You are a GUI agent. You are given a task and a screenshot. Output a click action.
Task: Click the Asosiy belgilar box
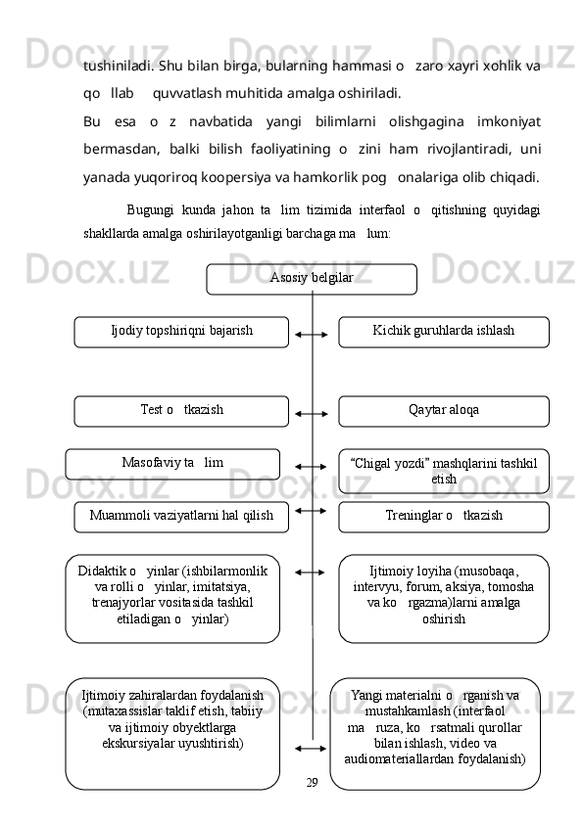tap(311, 278)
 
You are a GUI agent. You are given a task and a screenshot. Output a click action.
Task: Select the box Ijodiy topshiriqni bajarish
tap(181, 331)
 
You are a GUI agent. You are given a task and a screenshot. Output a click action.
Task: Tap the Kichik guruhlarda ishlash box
tap(444, 331)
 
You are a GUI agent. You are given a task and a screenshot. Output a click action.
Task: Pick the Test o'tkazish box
tap(181, 410)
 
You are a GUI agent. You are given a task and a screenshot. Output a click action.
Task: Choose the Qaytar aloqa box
tap(444, 410)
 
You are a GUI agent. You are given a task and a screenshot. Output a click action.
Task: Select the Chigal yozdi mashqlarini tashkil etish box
tap(444, 470)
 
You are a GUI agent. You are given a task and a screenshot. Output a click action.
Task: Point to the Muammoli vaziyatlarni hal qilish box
tap(181, 516)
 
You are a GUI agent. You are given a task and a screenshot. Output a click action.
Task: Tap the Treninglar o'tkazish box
tap(444, 516)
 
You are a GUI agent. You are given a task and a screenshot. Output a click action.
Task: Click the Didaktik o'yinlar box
tap(172, 597)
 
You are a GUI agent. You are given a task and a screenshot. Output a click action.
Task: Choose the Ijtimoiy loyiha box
tap(444, 597)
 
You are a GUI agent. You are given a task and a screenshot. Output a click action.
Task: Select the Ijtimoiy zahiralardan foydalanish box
tap(172, 732)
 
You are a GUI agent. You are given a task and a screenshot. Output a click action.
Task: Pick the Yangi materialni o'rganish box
tap(435, 732)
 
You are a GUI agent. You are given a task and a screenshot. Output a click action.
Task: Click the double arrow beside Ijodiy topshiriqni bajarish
tap(312, 335)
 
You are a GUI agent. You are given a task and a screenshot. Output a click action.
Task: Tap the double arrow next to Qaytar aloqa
tap(312, 414)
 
